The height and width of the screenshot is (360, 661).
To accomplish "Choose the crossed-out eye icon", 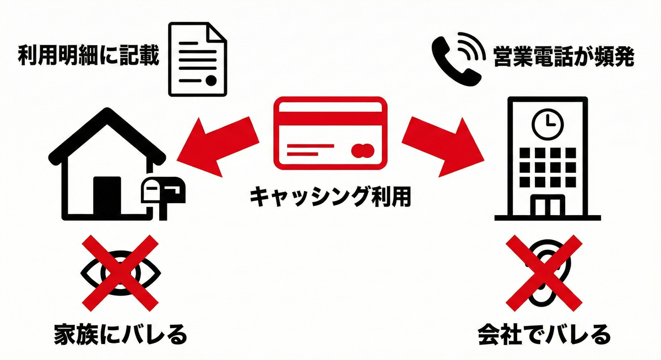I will pos(121,271).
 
